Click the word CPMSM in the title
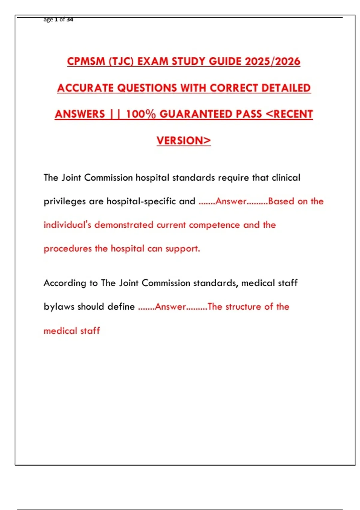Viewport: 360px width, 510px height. coord(86,61)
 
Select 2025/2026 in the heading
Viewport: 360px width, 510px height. coord(272,61)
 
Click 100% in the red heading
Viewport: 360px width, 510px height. coord(141,114)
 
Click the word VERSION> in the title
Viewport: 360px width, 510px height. coord(184,140)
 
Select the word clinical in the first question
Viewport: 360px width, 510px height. coord(286,178)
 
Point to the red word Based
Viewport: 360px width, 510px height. coord(281,201)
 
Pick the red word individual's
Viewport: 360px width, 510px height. coord(67,225)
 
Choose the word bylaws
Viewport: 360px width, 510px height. coord(59,307)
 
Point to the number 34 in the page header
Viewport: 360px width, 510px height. coord(70,19)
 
